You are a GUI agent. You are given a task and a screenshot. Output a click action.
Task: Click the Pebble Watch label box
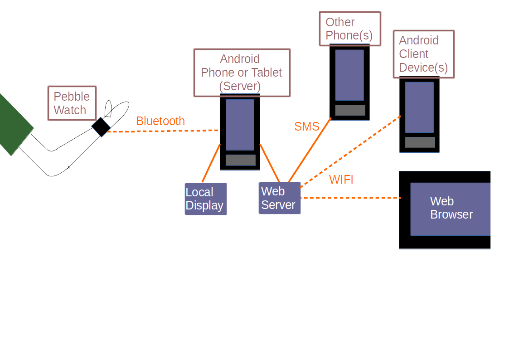click(x=72, y=103)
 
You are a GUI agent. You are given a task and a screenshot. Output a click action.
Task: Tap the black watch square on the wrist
click(x=101, y=127)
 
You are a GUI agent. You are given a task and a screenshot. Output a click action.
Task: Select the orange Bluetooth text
click(x=160, y=121)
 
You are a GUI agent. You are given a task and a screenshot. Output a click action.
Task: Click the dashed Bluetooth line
click(x=163, y=131)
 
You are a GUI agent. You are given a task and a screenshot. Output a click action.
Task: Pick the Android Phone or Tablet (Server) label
click(x=242, y=73)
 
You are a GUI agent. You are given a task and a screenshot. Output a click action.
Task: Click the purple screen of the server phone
click(x=240, y=125)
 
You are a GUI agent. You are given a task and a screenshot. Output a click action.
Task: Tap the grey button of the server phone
click(x=241, y=160)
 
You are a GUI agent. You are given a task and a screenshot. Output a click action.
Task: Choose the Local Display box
click(x=205, y=199)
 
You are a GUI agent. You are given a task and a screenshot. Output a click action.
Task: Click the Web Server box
click(x=279, y=198)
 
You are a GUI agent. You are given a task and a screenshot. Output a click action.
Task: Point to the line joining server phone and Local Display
click(x=211, y=163)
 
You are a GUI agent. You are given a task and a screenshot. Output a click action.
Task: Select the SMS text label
click(x=307, y=126)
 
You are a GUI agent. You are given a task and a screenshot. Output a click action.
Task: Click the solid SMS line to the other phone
click(x=310, y=150)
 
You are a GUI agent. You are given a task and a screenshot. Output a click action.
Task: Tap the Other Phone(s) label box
click(x=349, y=29)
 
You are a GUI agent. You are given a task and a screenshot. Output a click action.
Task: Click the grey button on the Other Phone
click(x=350, y=110)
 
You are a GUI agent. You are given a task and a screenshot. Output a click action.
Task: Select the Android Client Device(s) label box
click(x=423, y=54)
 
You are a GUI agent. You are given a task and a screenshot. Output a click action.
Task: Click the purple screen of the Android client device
click(x=419, y=107)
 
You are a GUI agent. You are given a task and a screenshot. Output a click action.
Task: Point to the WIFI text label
click(x=341, y=180)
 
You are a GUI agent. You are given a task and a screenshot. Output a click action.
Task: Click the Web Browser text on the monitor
click(x=451, y=208)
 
